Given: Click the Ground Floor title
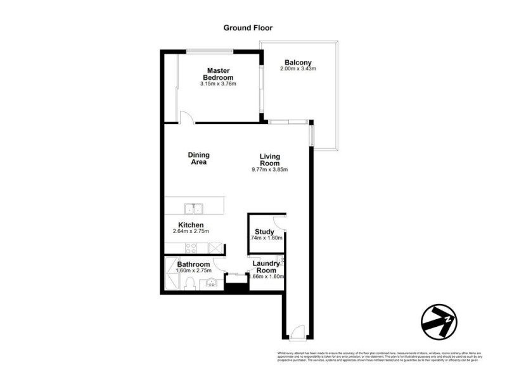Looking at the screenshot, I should point(248,28).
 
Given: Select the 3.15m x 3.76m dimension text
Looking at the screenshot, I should point(218,84).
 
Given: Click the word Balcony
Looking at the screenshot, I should point(298,62).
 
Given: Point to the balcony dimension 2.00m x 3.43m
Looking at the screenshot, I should point(298,69).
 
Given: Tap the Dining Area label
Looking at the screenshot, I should point(198,158).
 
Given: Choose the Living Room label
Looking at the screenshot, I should point(269,160).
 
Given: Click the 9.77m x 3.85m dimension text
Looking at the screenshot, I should point(269,170).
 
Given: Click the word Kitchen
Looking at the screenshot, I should point(191,225).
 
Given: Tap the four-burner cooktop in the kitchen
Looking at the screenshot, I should point(216,248).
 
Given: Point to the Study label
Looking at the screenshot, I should point(264,232).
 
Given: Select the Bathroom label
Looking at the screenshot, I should point(193,264).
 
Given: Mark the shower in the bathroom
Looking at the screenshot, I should point(172,273).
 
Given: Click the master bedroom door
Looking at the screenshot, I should point(185,117).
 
